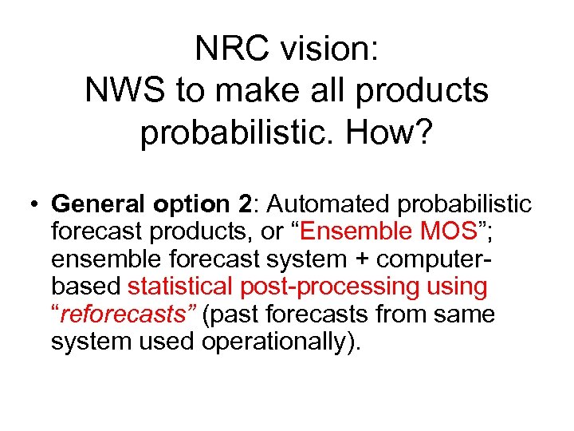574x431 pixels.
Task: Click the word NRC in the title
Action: [x=226, y=49]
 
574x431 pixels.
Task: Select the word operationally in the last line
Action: [x=279, y=342]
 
